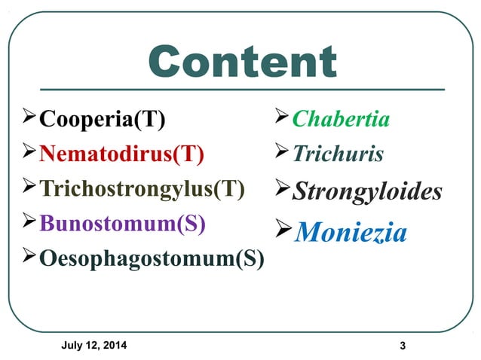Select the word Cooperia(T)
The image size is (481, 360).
(103, 119)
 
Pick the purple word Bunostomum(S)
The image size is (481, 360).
(121, 224)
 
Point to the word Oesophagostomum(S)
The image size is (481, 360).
(152, 258)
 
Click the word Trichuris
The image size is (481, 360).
(338, 154)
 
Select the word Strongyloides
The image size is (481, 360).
(366, 191)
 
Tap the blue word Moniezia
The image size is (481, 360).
(351, 233)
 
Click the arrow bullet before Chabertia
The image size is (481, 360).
(281, 117)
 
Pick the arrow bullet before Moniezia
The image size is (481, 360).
(283, 229)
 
